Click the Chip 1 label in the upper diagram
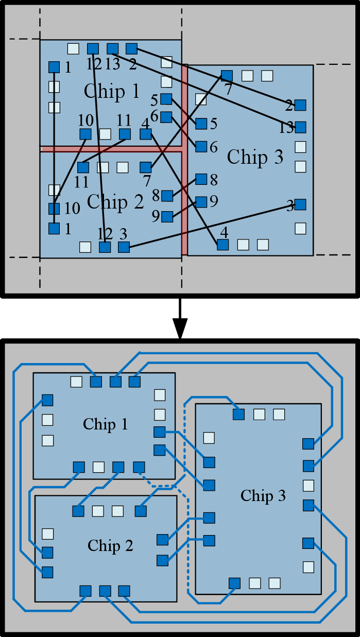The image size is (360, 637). (111, 91)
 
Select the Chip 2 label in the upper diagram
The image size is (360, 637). (115, 202)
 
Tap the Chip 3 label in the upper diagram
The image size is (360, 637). (255, 157)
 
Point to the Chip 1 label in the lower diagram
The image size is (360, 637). (105, 424)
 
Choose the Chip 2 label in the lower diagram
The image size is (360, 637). (110, 546)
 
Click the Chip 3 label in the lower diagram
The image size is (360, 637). (263, 496)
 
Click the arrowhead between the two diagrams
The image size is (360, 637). (180, 329)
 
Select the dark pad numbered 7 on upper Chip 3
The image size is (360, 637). (227, 76)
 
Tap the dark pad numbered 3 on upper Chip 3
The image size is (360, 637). (300, 204)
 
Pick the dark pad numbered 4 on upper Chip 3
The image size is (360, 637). (223, 245)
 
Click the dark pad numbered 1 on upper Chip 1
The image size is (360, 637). (54, 67)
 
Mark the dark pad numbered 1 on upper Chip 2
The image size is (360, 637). (54, 228)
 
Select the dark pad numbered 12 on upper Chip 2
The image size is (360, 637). (105, 247)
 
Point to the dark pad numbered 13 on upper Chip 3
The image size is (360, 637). (300, 127)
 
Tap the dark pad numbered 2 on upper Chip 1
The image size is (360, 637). (132, 48)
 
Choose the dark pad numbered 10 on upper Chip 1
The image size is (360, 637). (85, 134)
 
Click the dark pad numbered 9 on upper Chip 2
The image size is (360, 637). (167, 217)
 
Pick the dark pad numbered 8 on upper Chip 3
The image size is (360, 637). (201, 179)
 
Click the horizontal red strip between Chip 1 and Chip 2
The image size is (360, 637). (111, 149)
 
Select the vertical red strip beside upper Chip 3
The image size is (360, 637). (184, 159)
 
